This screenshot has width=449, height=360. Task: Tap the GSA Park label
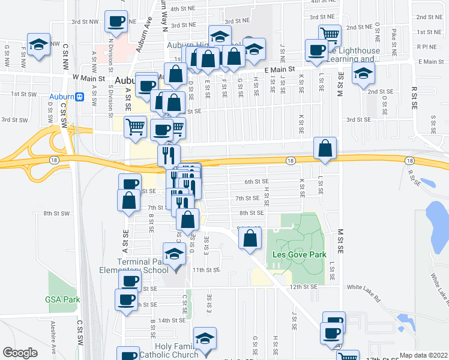click(62, 299)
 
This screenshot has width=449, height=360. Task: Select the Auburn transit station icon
click(79, 96)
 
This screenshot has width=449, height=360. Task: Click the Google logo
click(20, 353)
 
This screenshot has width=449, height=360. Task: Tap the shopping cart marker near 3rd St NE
click(330, 34)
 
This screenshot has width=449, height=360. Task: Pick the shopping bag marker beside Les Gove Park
click(250, 238)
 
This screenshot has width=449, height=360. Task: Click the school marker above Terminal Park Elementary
click(174, 251)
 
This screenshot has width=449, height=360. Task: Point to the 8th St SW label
click(56, 213)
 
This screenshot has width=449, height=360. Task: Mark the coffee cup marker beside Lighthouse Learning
click(316, 50)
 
